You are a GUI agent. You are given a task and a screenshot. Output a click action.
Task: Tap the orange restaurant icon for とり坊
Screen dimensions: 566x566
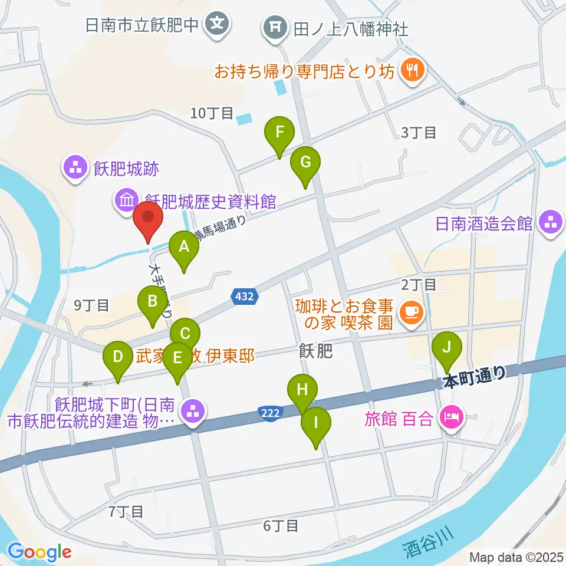(410, 71)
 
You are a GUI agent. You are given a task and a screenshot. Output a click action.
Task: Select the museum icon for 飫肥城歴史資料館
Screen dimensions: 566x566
(127, 202)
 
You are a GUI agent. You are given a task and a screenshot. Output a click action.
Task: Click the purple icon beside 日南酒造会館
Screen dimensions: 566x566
(551, 223)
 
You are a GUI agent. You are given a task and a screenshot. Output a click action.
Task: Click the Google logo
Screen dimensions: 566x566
(40, 552)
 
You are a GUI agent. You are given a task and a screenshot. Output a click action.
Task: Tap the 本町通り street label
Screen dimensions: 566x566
(474, 377)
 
